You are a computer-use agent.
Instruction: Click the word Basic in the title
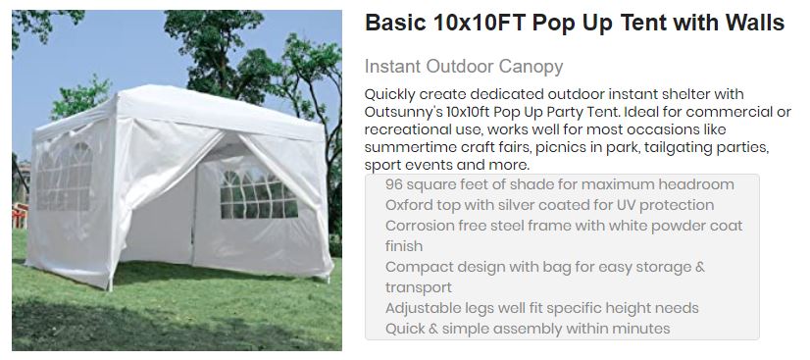(x=395, y=25)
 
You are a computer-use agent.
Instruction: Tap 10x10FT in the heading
(x=480, y=25)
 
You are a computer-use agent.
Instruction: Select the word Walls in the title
(x=753, y=25)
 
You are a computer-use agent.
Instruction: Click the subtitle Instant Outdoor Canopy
(x=463, y=67)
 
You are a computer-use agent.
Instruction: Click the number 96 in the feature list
(x=394, y=184)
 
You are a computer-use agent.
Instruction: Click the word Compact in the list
(x=416, y=267)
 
